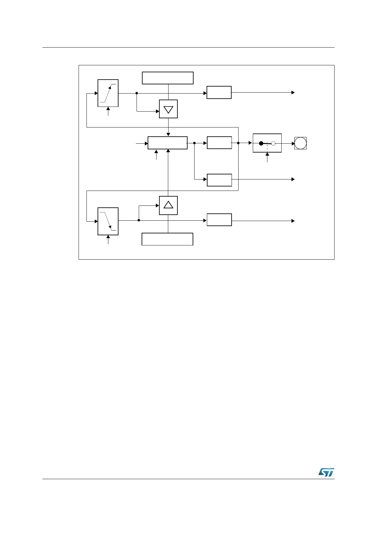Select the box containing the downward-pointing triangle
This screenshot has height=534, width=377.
(168, 109)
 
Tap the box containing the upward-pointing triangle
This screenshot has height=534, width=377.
(168, 205)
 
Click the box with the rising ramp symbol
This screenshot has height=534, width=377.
(108, 93)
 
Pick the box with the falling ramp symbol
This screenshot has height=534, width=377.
(108, 221)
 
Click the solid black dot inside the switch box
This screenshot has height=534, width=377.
(261, 143)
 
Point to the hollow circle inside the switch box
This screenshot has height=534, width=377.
(273, 143)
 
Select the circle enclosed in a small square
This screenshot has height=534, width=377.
(300, 143)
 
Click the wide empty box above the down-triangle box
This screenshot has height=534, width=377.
(168, 78)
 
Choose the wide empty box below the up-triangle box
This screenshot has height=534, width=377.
(167, 239)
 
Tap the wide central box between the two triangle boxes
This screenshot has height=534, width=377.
(168, 143)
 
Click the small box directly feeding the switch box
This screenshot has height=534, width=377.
(219, 143)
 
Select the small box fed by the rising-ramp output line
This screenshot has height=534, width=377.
(219, 93)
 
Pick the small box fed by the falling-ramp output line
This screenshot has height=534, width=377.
(219, 220)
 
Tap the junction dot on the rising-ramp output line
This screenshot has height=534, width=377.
(137, 93)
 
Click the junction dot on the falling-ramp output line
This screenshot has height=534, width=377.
(139, 220)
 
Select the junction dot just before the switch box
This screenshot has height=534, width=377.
(238, 143)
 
